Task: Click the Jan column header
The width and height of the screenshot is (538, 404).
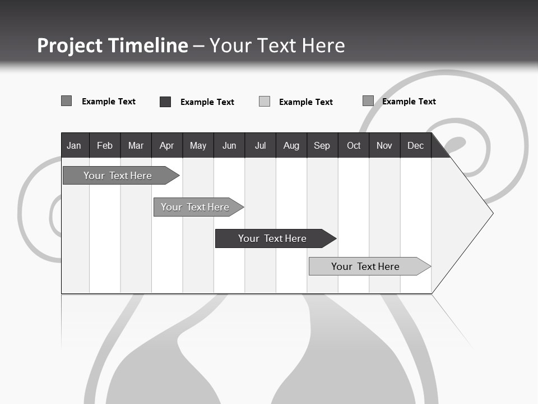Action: [x=74, y=145]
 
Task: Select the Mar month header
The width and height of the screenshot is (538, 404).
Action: [x=136, y=145]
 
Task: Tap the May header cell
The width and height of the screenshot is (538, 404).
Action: [x=198, y=145]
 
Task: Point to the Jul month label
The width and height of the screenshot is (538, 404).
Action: [x=260, y=145]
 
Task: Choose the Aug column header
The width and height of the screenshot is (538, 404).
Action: [x=291, y=145]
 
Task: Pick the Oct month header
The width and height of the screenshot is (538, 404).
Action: [x=354, y=145]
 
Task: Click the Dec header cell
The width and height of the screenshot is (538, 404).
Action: [x=415, y=145]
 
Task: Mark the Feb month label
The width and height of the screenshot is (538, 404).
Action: [x=105, y=145]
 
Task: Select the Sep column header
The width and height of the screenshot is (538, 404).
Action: [x=322, y=145]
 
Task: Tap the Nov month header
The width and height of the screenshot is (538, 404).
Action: [x=384, y=145]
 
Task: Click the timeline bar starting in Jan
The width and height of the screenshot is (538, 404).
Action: [x=118, y=176]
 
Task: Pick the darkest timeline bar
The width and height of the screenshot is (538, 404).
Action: [x=272, y=238]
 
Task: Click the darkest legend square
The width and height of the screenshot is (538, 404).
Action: [x=165, y=102]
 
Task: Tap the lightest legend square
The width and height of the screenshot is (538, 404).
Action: [x=265, y=102]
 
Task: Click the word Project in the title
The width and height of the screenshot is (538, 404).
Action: [x=69, y=45]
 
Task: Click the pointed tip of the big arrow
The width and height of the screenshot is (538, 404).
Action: [x=491, y=213]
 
